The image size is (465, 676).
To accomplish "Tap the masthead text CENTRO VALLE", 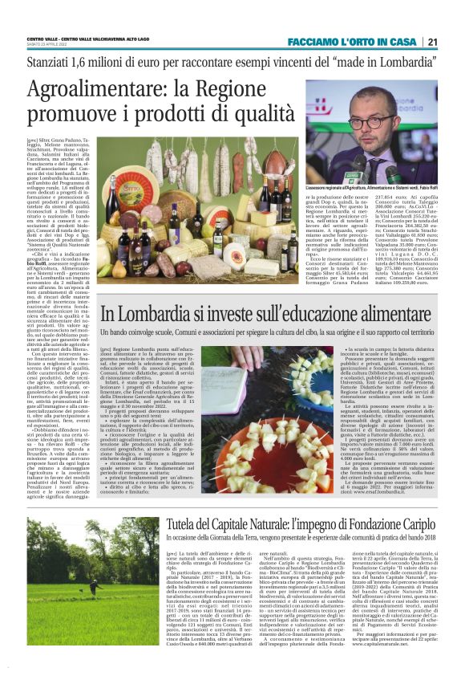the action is [44, 39].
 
